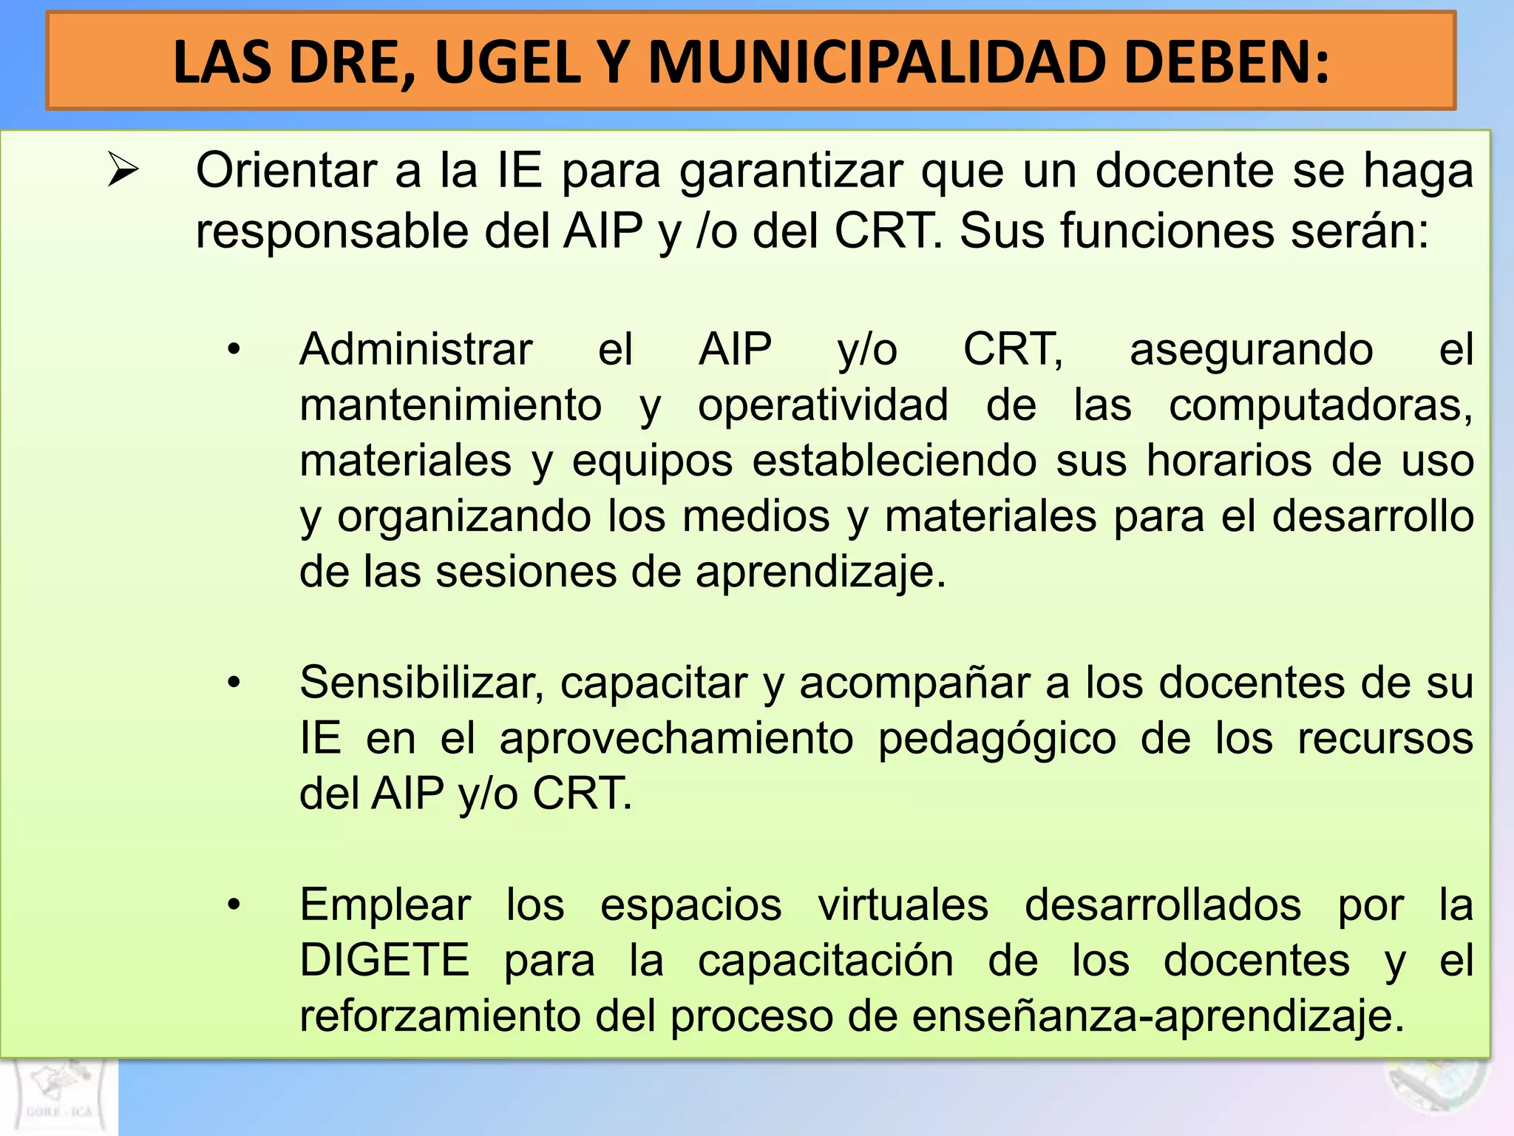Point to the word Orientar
click(288, 170)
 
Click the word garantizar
click(790, 172)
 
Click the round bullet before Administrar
click(234, 349)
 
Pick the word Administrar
click(415, 349)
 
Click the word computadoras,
click(1320, 406)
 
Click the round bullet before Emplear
click(234, 905)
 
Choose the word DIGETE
click(384, 960)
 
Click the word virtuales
click(903, 905)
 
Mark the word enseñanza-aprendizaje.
click(1157, 1016)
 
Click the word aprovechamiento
click(676, 738)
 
